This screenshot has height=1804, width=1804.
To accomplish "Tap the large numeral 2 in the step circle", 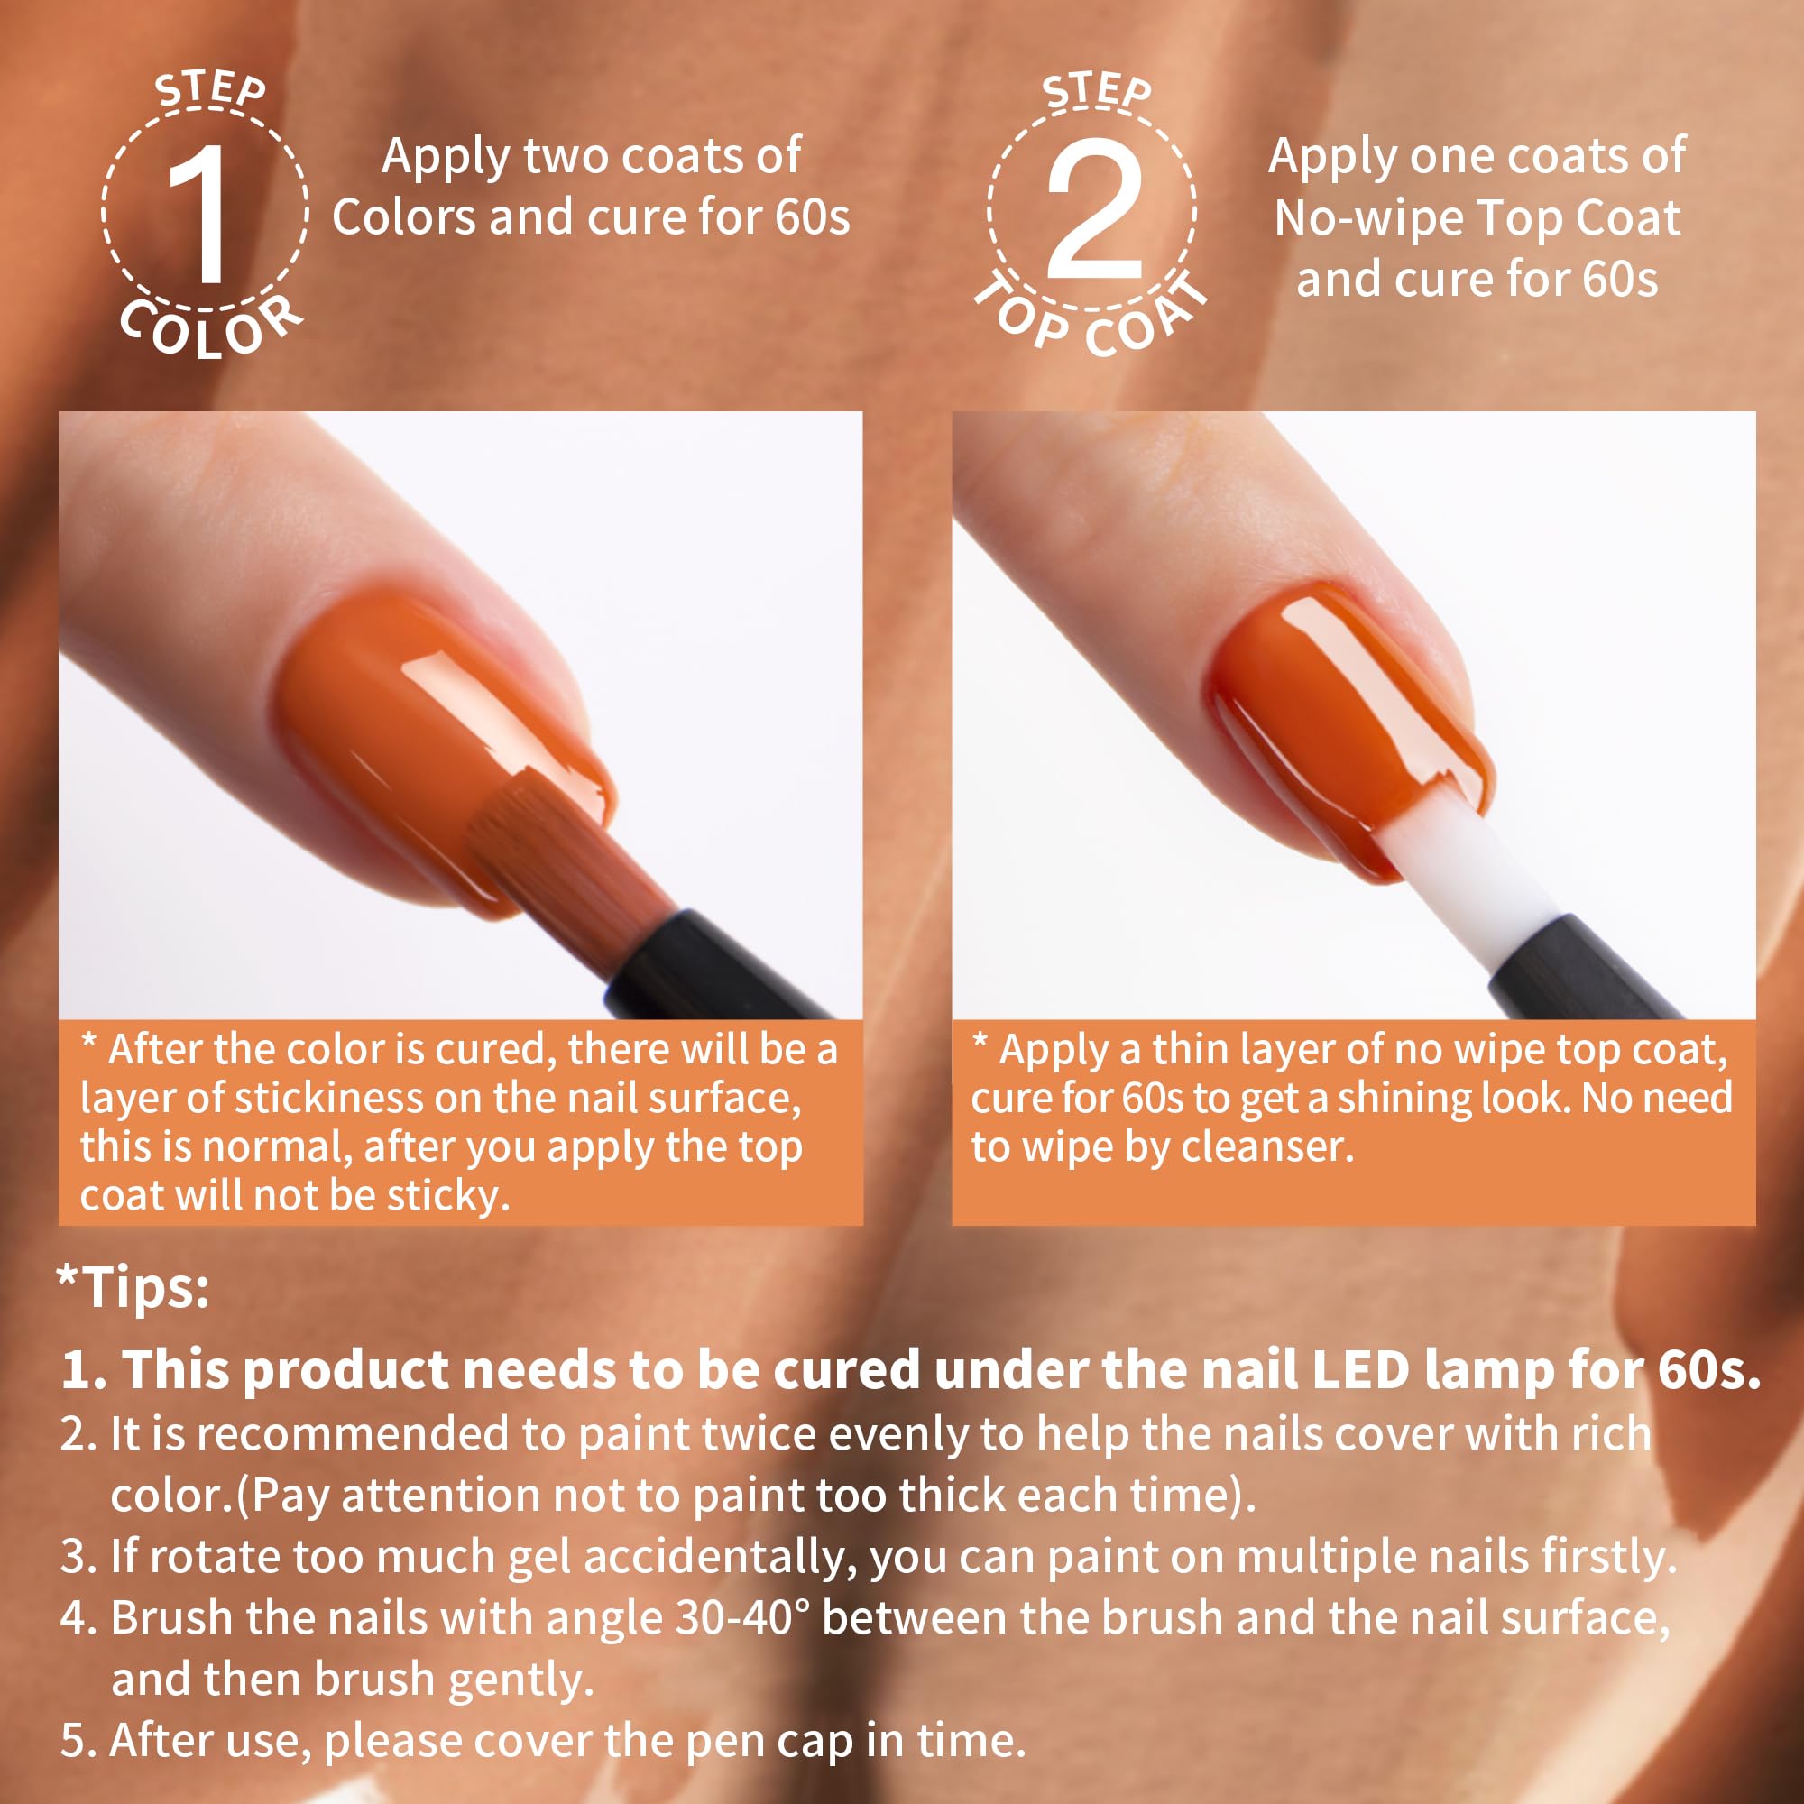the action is (1093, 209).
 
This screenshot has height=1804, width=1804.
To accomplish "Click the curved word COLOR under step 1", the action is (213, 327).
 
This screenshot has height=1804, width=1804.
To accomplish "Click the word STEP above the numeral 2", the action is (1097, 91).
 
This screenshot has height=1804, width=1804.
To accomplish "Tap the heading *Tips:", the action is (133, 1287).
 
